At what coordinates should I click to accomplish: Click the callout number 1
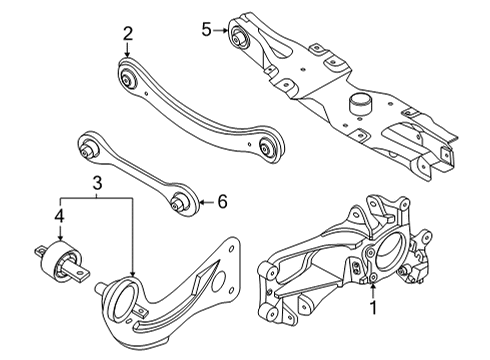pos(373,307)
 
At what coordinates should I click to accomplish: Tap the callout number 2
pos(128,33)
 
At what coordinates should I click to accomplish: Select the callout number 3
pos(97,183)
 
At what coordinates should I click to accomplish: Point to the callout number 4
pos(59,217)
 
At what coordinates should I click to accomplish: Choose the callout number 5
pos(206,30)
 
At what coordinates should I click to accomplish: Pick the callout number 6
pos(222,202)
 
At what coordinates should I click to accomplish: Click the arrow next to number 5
pos(221,30)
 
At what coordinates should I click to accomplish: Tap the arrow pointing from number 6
pos(206,202)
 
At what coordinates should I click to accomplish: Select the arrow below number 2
pos(127,50)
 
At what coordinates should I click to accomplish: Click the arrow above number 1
pos(373,290)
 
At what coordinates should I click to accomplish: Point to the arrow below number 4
pos(60,233)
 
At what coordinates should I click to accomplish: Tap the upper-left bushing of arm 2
pos(127,78)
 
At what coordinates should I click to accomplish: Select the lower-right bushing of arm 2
pos(269,146)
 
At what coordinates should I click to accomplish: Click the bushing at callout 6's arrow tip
pos(183,201)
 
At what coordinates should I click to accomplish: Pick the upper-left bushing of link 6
pos(88,147)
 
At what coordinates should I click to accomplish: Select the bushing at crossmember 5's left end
pos(239,37)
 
